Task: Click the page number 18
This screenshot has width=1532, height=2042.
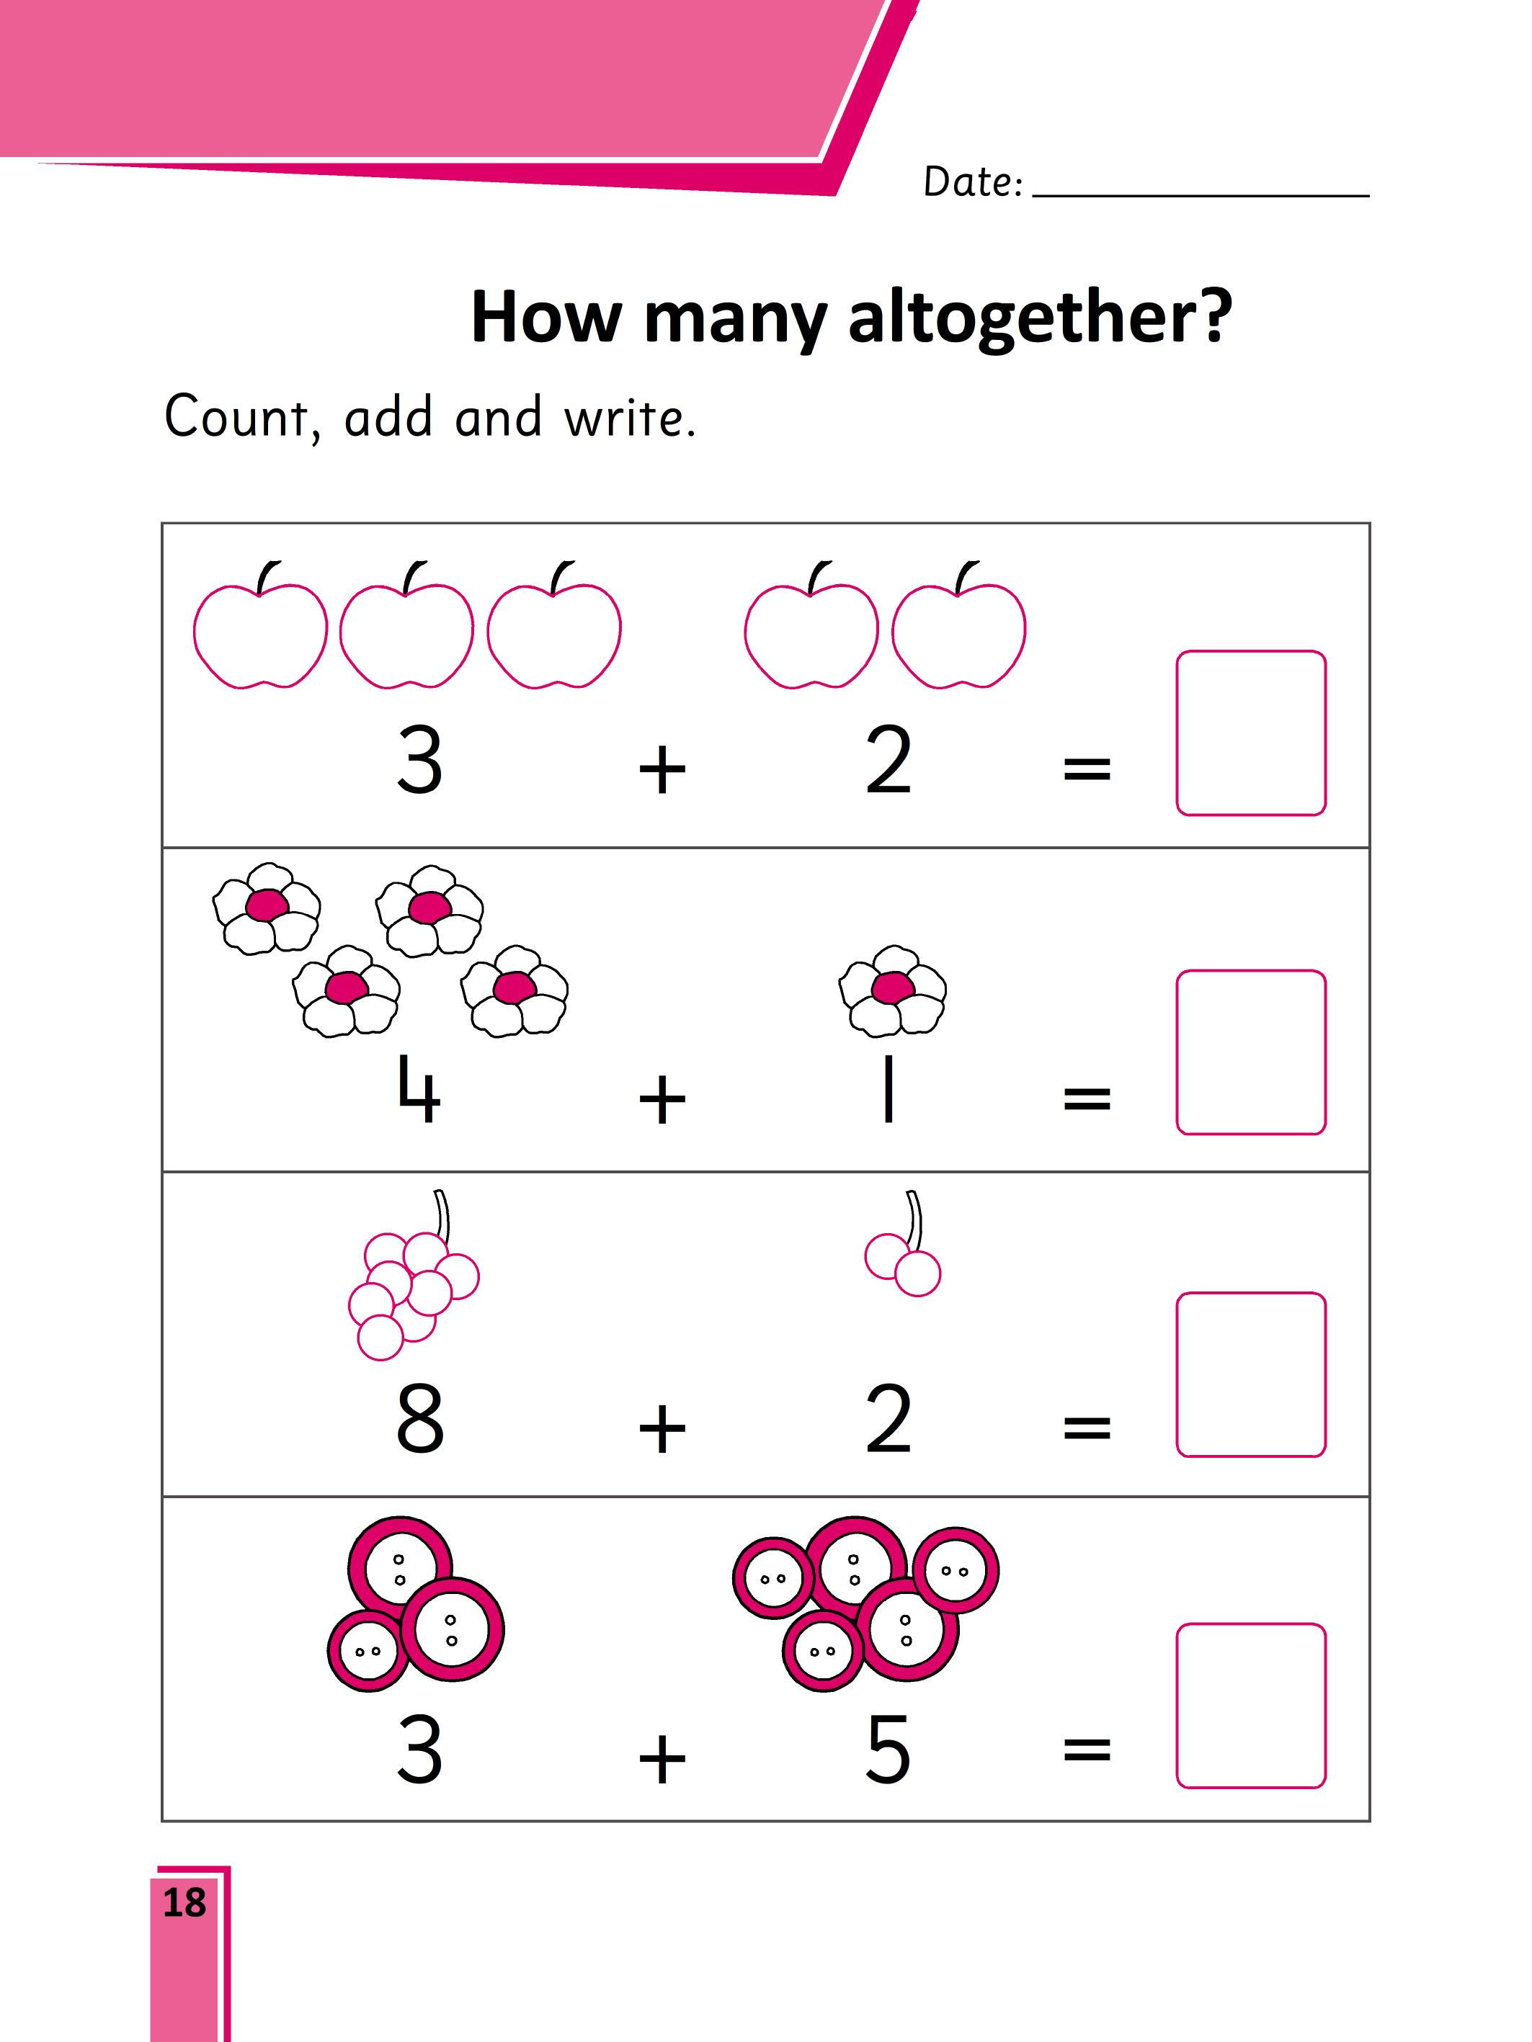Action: coord(184,1902)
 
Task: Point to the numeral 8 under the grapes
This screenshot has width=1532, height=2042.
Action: coord(420,1418)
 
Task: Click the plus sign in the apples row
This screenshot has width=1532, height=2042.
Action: coord(662,770)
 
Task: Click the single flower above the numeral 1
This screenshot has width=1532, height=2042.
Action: coord(892,990)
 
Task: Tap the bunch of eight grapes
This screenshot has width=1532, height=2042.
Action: coord(414,1275)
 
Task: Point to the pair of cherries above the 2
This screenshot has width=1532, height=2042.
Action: coord(902,1245)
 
